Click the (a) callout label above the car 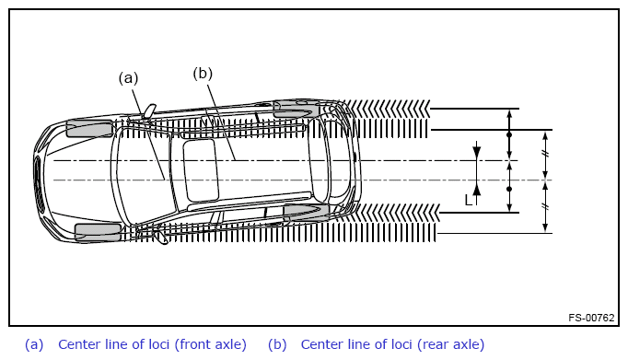(128, 78)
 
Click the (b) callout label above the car (203, 74)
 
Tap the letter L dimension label (468, 200)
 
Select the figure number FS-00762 (591, 318)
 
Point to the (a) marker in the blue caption (34, 344)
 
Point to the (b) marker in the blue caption (277, 344)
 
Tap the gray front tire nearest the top (89, 128)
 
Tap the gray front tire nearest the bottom (98, 233)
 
